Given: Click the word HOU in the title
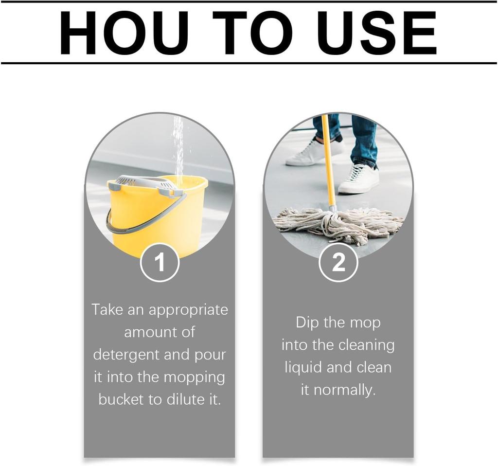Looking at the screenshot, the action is point(124,34).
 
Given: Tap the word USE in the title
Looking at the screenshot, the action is point(377,34).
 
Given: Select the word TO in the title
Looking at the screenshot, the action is point(252,34).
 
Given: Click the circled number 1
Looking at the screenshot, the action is point(160,262).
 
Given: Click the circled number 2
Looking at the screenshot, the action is point(338,262).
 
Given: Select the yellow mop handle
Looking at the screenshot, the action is point(328,162).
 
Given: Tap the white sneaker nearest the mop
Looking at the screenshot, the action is point(358,179).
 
